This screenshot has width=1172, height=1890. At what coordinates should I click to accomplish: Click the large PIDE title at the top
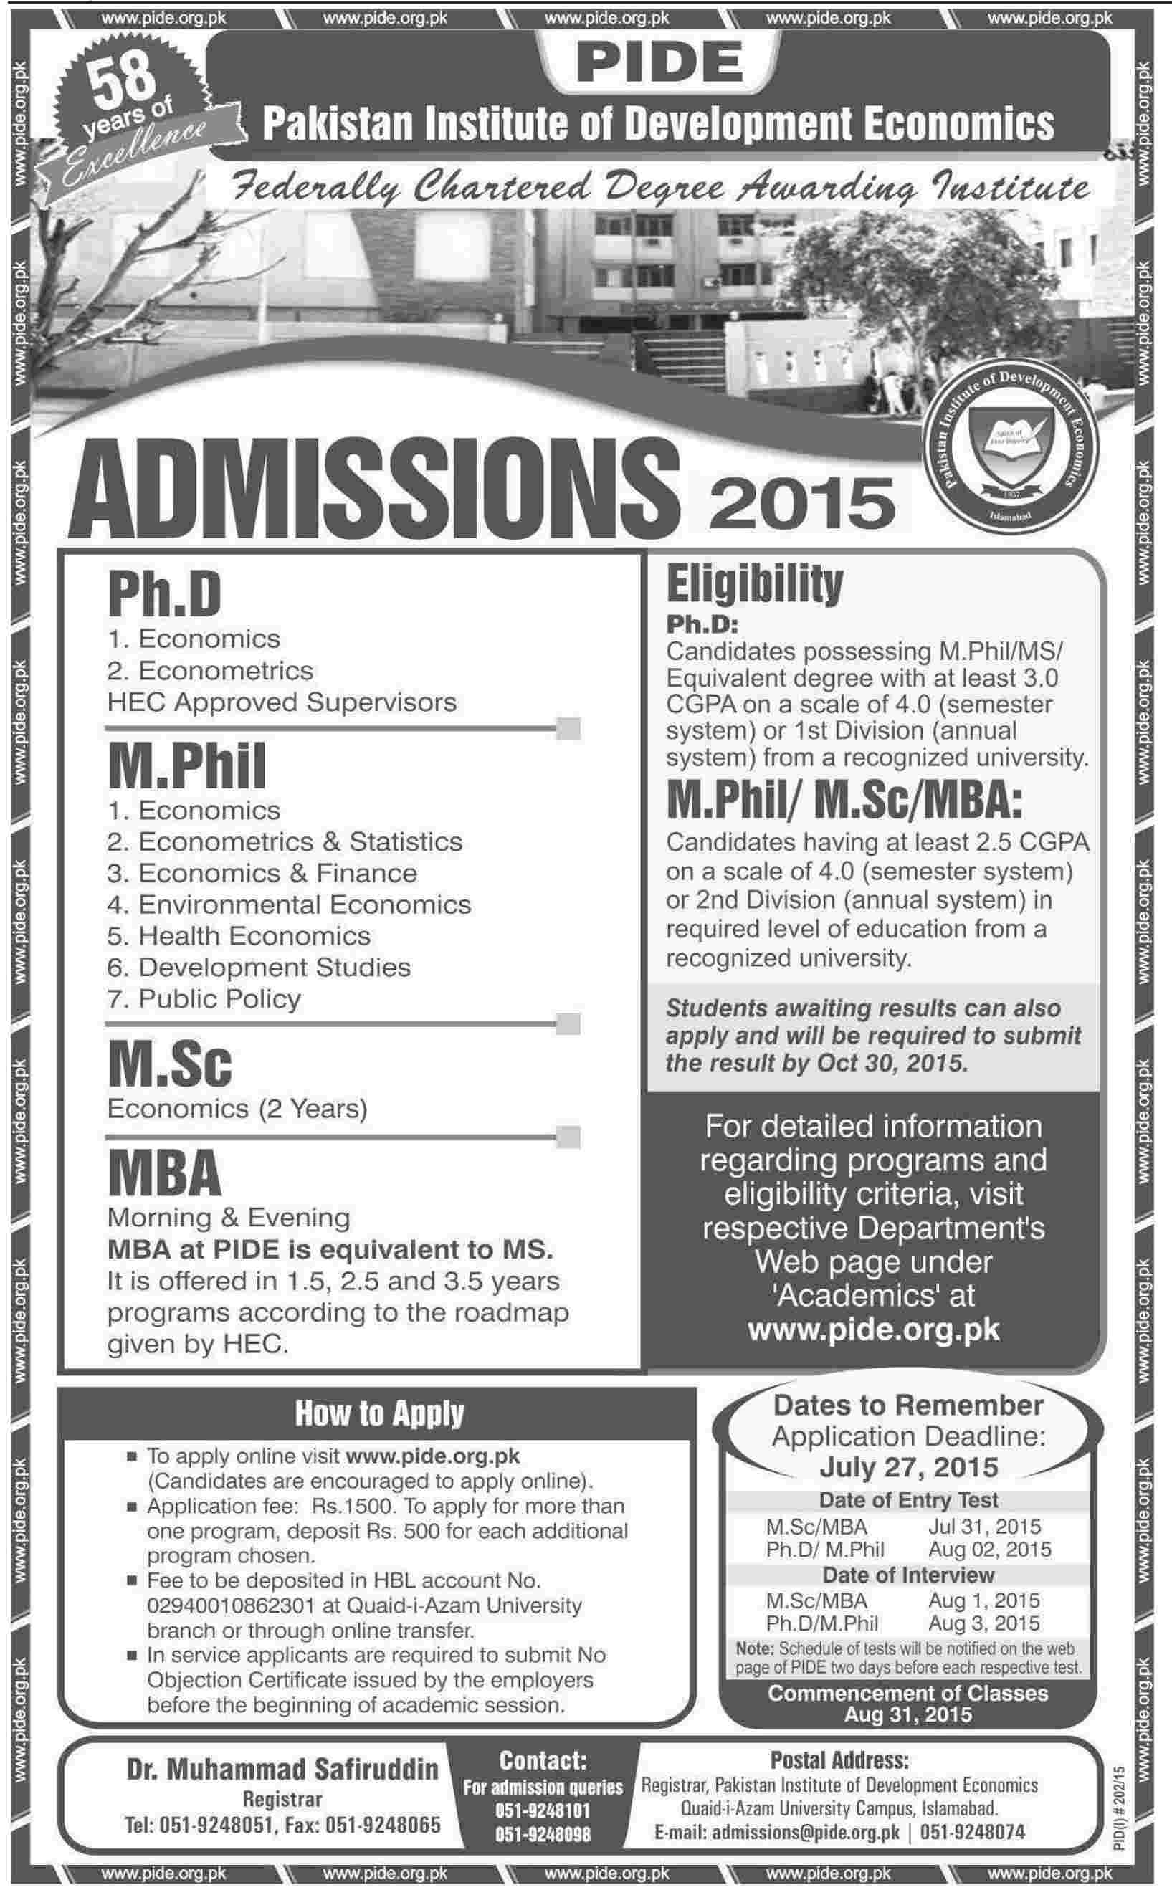click(660, 65)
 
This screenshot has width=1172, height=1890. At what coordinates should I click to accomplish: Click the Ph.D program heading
click(164, 595)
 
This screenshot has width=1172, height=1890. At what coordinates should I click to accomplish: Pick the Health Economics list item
click(239, 936)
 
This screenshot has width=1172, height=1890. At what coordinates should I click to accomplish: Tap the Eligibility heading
click(754, 585)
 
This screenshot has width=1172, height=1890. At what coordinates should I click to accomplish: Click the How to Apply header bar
click(379, 1413)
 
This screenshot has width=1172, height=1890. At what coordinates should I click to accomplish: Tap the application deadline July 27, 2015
click(908, 1467)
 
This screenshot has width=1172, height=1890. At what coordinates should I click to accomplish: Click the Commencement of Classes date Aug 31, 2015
click(907, 1715)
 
